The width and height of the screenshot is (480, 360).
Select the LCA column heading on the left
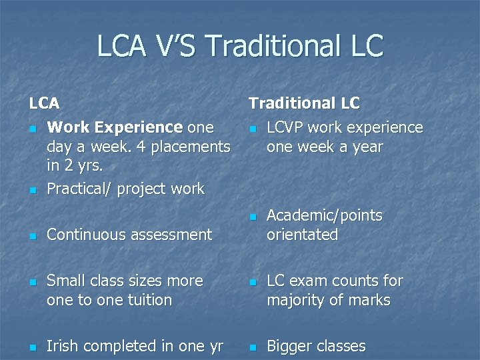pos(44,103)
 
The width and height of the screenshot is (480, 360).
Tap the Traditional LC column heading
pos(304,103)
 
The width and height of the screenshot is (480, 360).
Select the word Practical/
pos(79,189)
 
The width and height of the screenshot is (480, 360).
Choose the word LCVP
pos(286,127)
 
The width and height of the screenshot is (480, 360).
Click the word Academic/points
pos(325,215)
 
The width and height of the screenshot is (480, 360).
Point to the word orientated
pos(302,235)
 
